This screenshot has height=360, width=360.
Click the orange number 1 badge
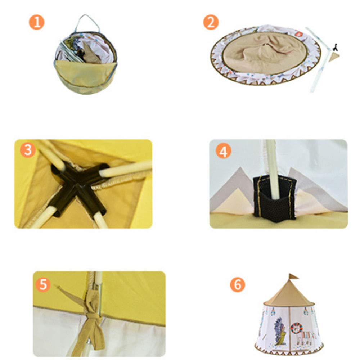coord(36,22)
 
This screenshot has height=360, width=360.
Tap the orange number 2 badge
coord(211,22)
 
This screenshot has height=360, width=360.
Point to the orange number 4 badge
coord(223,152)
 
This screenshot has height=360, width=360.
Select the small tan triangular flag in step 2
coord(336,56)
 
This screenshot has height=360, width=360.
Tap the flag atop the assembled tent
coord(294,276)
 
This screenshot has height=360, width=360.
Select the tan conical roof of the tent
coord(290,295)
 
